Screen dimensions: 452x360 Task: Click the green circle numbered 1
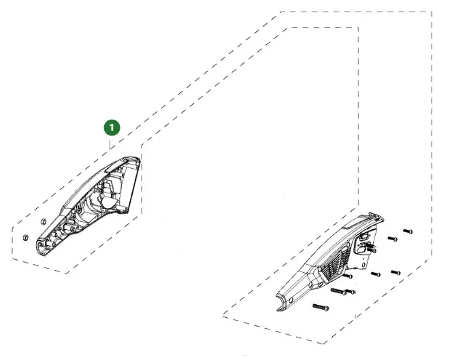pos(112,127)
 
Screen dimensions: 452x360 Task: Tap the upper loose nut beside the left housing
pos(43,222)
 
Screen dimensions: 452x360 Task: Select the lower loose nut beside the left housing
pos(26,238)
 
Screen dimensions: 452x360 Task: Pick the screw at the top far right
pos(408,231)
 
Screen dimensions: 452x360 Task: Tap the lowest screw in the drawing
pos(321,307)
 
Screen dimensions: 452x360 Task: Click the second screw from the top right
pos(393,239)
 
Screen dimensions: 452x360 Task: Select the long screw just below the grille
pos(339,291)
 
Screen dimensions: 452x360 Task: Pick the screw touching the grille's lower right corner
pos(349,276)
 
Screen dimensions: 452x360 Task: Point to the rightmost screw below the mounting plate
pos(395,272)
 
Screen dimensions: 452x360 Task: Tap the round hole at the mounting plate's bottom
pos(364,264)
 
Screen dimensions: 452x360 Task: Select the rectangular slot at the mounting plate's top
pos(364,238)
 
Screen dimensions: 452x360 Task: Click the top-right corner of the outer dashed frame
pos(432,12)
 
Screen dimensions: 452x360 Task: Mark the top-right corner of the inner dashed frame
pos(358,28)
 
